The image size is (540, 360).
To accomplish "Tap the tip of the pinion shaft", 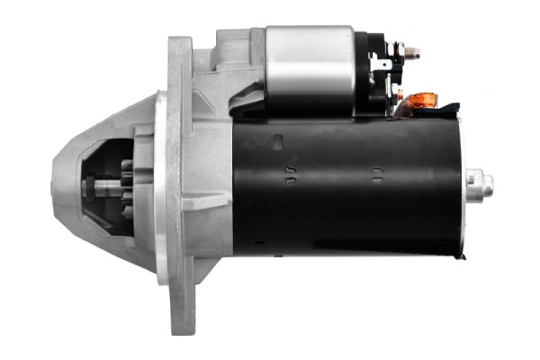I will tap(87, 189).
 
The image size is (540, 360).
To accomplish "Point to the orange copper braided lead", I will tap(420, 101).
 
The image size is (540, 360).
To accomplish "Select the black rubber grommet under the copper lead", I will tap(432, 112).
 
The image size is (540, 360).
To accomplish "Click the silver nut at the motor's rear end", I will tap(481, 184).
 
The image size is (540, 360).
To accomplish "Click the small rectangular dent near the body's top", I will tap(277, 140).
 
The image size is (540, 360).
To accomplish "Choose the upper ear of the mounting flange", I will tap(180, 54).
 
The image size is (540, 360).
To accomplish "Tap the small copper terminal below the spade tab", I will tap(399, 91).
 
